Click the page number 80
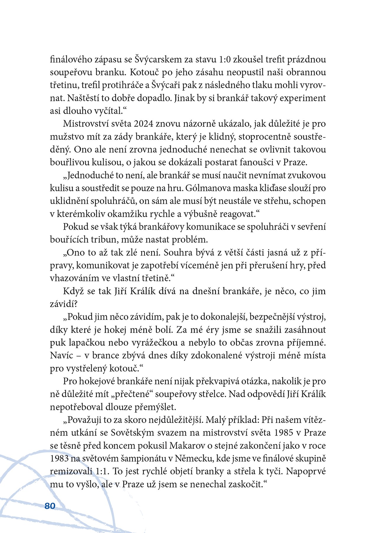[x=50, y=506]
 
